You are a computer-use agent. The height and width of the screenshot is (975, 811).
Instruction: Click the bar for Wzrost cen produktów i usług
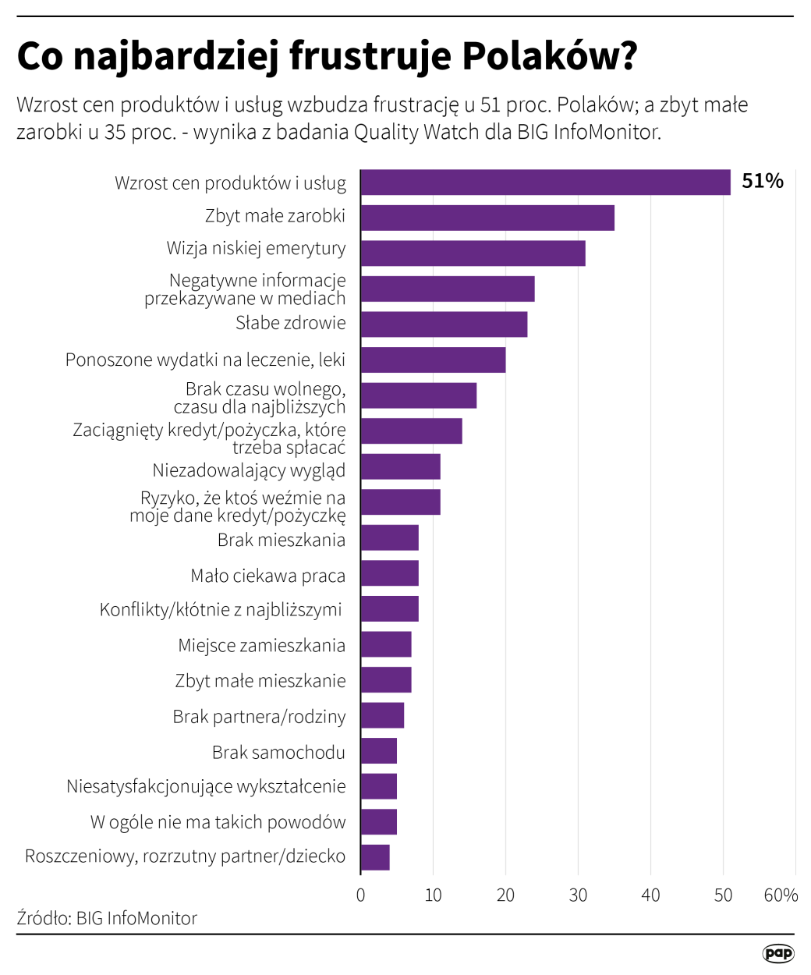(545, 183)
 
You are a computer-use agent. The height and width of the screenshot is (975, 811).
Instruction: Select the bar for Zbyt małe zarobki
(487, 218)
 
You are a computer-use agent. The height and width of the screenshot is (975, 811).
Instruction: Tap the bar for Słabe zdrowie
(444, 324)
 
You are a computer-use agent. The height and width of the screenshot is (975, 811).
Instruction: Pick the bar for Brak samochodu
(379, 751)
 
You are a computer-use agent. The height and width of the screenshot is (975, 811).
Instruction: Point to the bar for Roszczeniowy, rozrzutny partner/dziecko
(375, 857)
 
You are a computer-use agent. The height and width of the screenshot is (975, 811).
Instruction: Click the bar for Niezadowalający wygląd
(400, 466)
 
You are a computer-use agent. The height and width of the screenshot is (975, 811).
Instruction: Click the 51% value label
(762, 182)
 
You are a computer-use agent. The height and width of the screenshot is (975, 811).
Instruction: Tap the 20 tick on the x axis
(505, 895)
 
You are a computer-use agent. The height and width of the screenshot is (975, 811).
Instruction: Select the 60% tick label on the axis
(781, 895)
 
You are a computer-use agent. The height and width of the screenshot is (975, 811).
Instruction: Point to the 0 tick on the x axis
(360, 895)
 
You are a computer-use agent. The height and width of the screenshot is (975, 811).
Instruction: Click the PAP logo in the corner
(777, 953)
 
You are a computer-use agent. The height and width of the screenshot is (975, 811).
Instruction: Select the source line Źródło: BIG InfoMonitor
(107, 918)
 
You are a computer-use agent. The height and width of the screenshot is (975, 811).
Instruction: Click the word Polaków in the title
(550, 56)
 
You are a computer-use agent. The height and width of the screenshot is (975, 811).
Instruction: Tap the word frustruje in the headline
(370, 56)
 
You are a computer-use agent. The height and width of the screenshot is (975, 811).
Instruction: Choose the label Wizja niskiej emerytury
(256, 249)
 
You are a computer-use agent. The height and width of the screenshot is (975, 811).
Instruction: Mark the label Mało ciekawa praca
(267, 576)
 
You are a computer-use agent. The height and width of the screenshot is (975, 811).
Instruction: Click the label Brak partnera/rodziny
(259, 717)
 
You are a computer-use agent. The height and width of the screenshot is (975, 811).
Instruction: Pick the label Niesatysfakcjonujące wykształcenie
(206, 786)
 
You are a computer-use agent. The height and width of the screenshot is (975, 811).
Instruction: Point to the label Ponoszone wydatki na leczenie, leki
(205, 360)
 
